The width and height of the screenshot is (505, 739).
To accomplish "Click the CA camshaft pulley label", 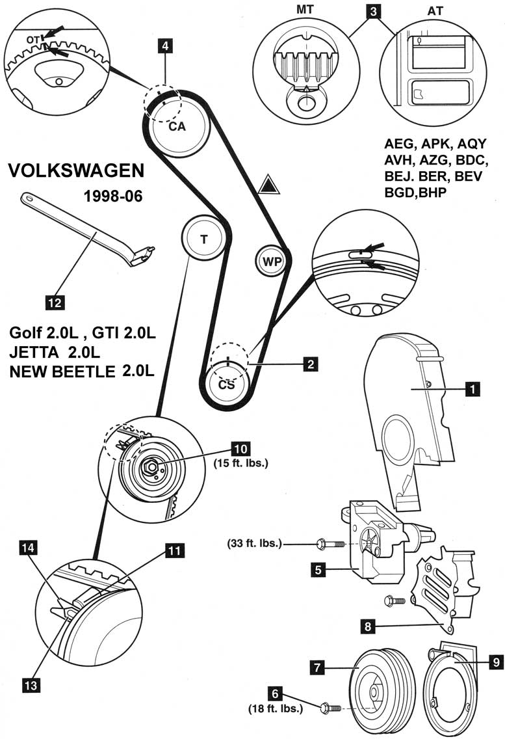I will [177, 127].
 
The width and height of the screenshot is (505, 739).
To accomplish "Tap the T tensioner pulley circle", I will [204, 239].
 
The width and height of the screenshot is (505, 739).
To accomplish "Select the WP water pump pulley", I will [271, 261].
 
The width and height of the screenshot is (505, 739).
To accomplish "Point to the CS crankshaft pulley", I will [226, 384].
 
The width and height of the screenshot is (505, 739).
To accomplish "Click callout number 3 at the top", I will [372, 10].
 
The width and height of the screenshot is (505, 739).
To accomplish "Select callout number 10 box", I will [240, 448].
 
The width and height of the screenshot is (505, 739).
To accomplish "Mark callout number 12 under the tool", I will [54, 301].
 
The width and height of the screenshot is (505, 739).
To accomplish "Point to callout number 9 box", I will [495, 662].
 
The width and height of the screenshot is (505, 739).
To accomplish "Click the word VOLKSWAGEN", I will [76, 170].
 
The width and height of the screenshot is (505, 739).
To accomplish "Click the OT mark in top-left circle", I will [33, 41].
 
